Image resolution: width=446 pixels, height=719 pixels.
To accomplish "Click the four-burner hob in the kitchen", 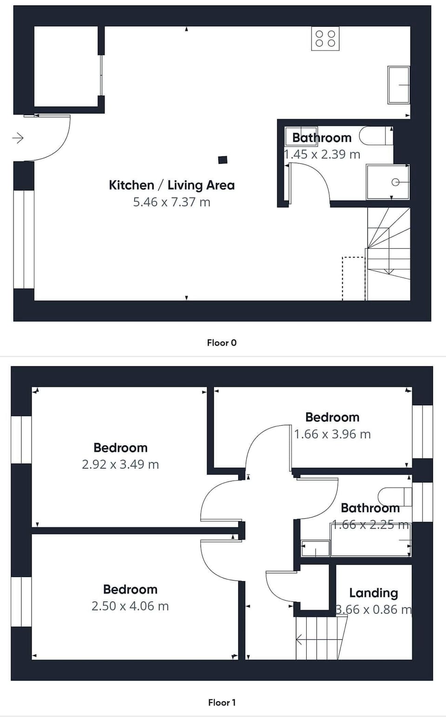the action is click(x=325, y=39).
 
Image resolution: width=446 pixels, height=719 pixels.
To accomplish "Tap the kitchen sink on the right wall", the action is click(x=399, y=85).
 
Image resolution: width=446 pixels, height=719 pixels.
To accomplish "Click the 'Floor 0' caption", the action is click(x=222, y=343).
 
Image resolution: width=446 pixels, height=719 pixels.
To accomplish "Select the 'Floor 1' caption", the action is click(x=222, y=703).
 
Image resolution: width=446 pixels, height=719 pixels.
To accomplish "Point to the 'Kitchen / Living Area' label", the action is click(x=171, y=185).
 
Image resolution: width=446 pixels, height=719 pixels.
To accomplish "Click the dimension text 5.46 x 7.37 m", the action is click(x=171, y=202).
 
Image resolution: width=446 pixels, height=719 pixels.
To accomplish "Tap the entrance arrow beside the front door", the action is click(x=18, y=138).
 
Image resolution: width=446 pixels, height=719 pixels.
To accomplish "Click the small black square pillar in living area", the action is click(x=223, y=160).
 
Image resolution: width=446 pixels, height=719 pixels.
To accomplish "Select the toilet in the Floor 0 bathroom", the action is click(x=376, y=136).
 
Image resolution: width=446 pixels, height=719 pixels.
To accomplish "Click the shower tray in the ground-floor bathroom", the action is click(x=388, y=182).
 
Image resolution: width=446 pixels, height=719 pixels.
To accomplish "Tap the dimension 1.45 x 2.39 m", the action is click(x=322, y=154).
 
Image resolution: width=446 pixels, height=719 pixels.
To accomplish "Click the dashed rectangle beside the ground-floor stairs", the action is click(x=354, y=279).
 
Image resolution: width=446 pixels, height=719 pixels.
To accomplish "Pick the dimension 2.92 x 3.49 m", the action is click(x=120, y=465).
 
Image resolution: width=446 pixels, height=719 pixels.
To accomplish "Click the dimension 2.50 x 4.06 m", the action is click(x=130, y=606).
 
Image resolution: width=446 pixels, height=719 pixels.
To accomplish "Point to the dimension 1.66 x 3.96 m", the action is click(x=332, y=434).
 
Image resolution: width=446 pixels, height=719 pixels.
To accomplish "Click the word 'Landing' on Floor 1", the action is click(x=374, y=593).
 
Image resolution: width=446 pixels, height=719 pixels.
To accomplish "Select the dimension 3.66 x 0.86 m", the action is click(x=374, y=610).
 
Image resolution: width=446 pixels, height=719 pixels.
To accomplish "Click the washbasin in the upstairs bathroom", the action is click(x=315, y=548).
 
